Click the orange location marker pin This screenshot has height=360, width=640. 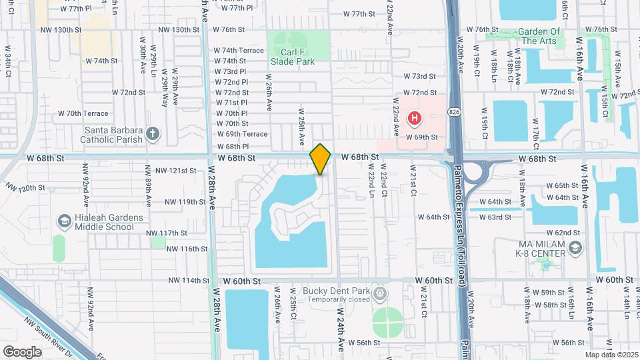(x=320, y=159)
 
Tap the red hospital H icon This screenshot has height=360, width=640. (x=414, y=119)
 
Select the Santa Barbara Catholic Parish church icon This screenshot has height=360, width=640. (x=152, y=134)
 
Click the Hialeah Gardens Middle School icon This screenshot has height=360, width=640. (x=64, y=221)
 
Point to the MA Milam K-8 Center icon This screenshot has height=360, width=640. (x=576, y=249)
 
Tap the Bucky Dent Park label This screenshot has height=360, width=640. (x=335, y=291)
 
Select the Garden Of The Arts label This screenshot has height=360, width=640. (x=539, y=36)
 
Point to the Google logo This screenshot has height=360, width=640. (x=22, y=351)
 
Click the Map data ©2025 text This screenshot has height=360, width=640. (x=611, y=355)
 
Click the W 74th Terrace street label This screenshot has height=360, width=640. (x=239, y=50)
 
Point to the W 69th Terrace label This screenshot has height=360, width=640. (x=242, y=134)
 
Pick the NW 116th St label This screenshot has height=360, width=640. (x=188, y=249)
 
